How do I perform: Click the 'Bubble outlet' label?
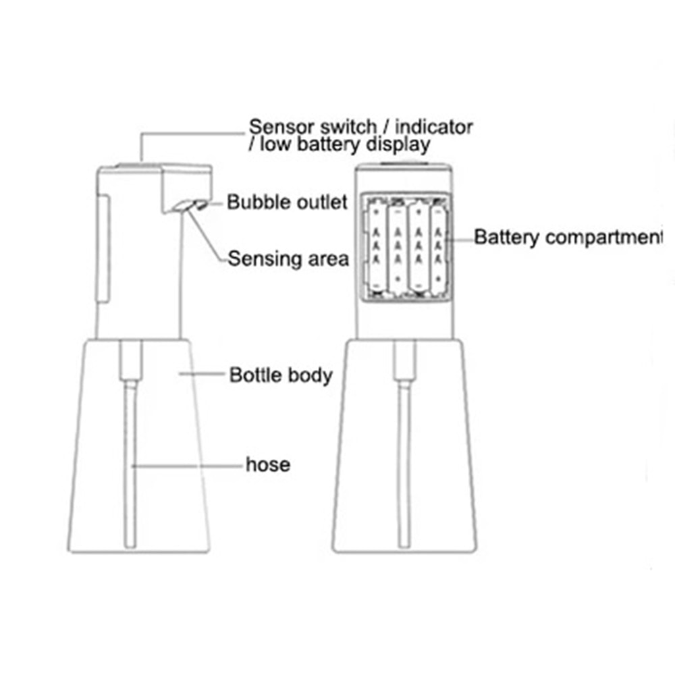click(x=287, y=202)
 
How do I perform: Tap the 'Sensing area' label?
click(x=288, y=259)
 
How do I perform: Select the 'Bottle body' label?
click(x=281, y=375)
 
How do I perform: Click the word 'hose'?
click(x=268, y=464)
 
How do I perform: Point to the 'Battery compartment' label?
click(x=568, y=238)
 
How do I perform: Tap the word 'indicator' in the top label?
click(x=434, y=127)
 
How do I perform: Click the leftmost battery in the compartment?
click(x=376, y=248)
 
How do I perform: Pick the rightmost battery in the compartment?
click(x=438, y=248)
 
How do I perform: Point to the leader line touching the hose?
click(x=187, y=466)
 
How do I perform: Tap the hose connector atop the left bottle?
click(x=131, y=360)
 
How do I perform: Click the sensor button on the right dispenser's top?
click(x=404, y=163)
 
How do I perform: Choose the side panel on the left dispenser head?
click(x=104, y=250)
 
